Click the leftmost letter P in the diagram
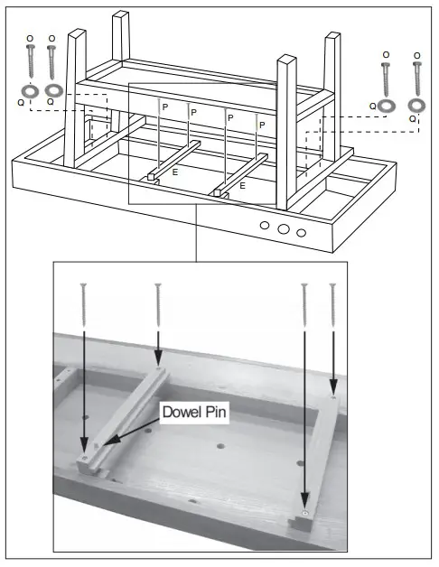[164, 107]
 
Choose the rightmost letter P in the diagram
[263, 125]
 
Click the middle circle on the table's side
[284, 230]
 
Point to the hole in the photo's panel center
[220, 446]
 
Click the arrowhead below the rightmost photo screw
[333, 387]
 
